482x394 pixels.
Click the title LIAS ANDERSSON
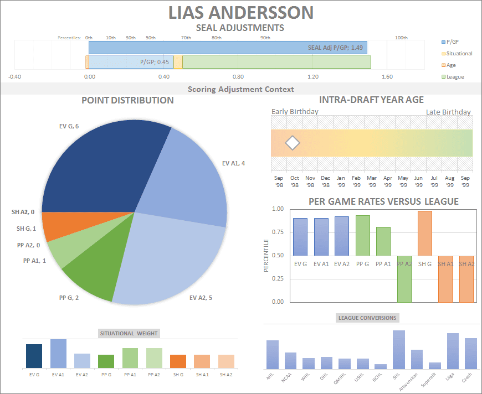[x=240, y=12]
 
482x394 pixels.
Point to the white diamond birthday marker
[x=292, y=143]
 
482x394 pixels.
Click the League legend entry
[x=455, y=77]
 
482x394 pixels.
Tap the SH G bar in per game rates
[x=424, y=233]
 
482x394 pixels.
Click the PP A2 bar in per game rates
[x=404, y=279]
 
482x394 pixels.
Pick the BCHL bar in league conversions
[x=381, y=366]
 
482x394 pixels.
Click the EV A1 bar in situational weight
[x=58, y=354]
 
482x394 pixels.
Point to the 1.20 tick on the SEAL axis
[x=313, y=77]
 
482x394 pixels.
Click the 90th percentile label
[x=265, y=38]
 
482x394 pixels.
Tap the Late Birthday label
[x=448, y=112]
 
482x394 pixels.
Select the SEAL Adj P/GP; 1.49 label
[x=335, y=48]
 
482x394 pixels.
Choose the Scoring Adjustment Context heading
[x=240, y=89]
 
